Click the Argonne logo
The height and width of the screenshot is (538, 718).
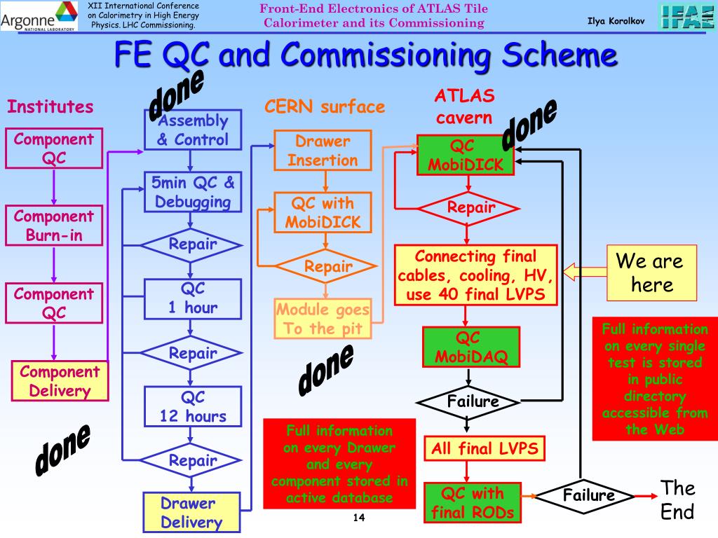(39, 16)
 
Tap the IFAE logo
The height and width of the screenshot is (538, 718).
(686, 16)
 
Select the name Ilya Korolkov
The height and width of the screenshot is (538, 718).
(616, 21)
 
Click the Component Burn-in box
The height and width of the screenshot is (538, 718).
(54, 226)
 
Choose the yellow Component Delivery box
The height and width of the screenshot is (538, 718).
(60, 381)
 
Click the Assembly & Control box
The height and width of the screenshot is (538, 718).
(193, 130)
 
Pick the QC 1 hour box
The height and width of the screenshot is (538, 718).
(193, 298)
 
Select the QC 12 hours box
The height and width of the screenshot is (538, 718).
(193, 407)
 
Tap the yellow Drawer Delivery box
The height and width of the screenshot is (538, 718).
(191, 512)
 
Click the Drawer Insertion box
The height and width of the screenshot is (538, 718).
(323, 151)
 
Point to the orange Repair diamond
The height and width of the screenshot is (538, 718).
(325, 265)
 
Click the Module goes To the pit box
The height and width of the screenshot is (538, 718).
(323, 319)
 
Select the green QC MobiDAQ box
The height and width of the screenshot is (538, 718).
(471, 347)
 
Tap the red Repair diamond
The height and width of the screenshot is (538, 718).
(468, 208)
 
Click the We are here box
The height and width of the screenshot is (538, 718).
(651, 273)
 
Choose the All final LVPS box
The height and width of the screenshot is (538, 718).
(485, 448)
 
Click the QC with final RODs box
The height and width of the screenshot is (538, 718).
(473, 503)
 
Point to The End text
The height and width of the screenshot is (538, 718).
(678, 499)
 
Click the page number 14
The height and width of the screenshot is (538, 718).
(359, 518)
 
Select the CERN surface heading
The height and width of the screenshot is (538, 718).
(325, 106)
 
